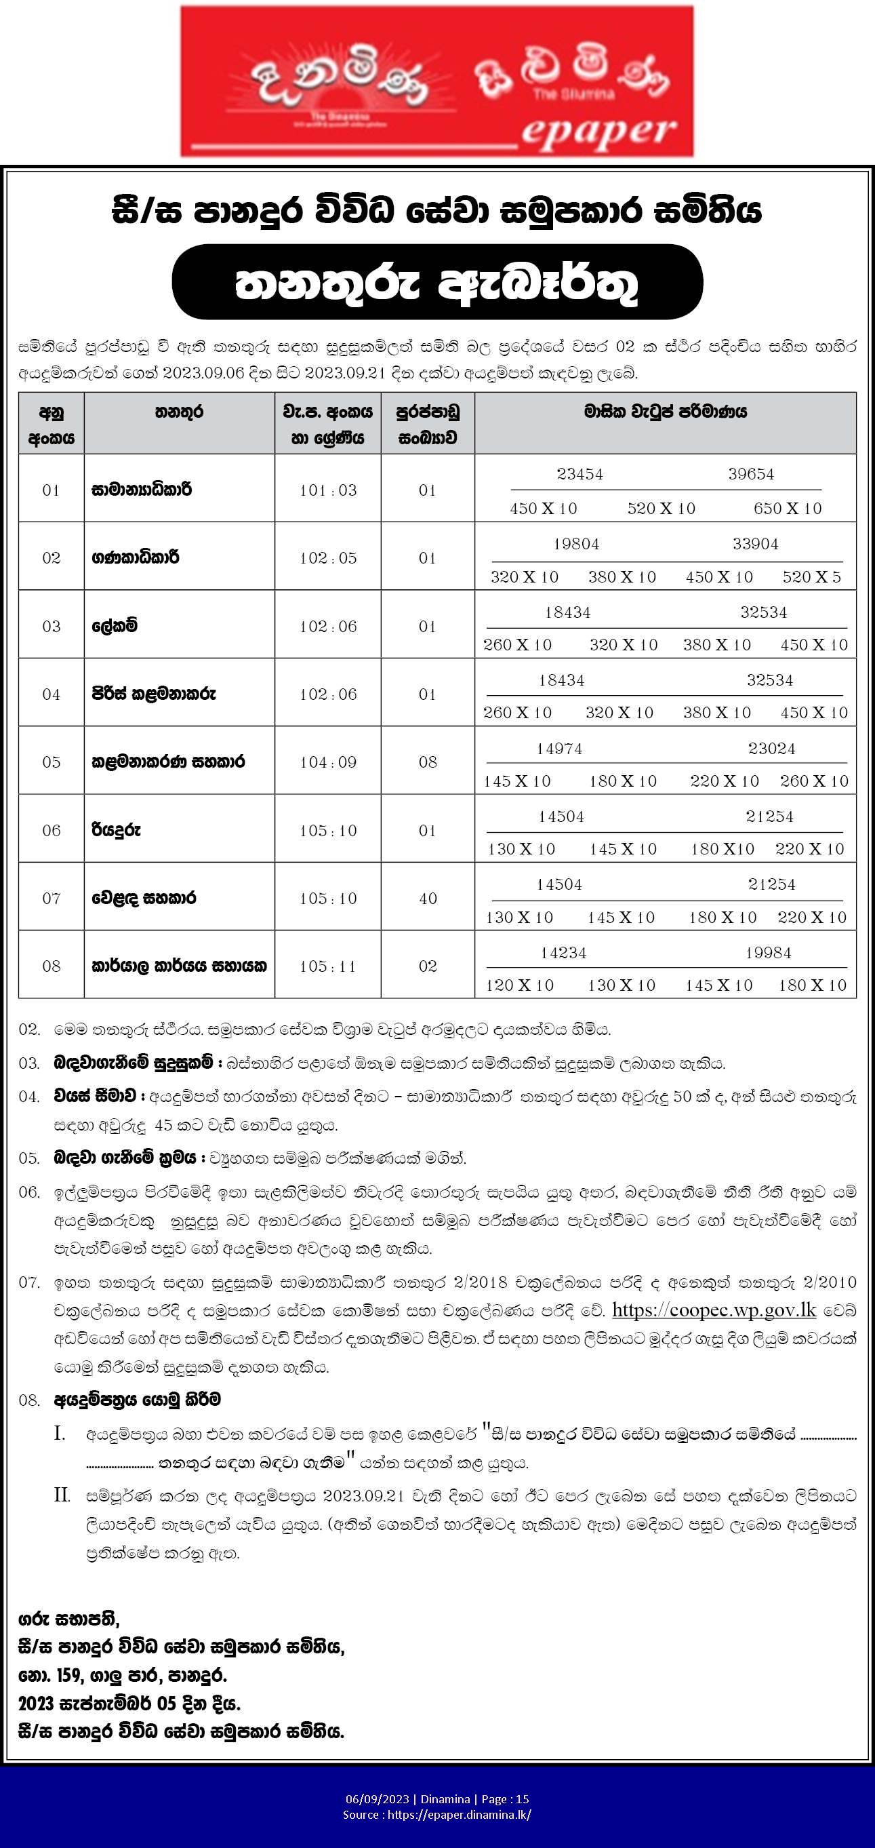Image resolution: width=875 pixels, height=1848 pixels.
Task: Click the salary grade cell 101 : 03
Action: point(328,490)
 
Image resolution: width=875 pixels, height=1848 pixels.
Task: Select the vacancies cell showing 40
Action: point(428,898)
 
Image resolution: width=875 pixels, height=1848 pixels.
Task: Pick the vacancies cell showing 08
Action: point(428,762)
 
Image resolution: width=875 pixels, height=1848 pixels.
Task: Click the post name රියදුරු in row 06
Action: point(116,830)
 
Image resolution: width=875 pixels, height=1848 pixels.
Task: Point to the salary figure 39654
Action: point(751,474)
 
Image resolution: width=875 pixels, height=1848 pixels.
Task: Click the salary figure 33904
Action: point(755,544)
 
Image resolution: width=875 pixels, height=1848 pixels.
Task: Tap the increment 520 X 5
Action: point(812,577)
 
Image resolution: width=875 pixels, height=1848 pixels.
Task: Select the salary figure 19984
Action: point(768,953)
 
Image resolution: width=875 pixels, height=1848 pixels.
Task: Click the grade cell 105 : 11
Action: point(328,966)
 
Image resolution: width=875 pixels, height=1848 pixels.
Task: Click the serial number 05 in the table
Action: point(51,762)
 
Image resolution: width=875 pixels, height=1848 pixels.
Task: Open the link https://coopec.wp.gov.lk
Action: point(714,1310)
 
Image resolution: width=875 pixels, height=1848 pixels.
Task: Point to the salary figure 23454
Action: point(579,474)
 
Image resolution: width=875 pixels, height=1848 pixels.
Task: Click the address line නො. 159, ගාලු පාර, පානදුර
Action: point(123,1676)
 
